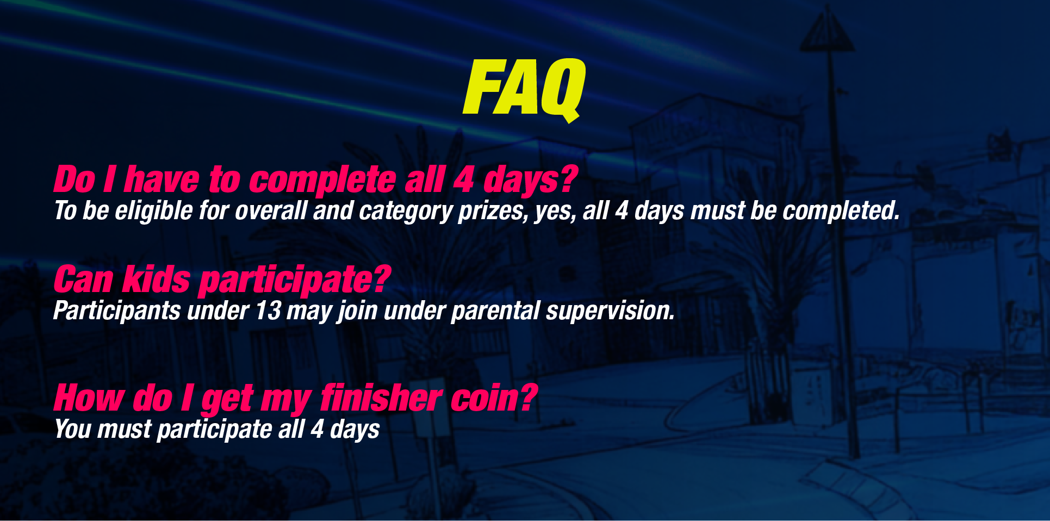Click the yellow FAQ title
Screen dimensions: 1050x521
524,90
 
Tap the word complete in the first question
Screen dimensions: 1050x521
322,181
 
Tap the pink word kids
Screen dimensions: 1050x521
157,279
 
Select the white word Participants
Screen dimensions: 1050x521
117,311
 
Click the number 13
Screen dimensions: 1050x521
268,311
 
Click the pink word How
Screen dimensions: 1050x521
89,398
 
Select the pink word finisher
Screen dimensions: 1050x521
381,398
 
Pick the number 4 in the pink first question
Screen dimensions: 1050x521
464,181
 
